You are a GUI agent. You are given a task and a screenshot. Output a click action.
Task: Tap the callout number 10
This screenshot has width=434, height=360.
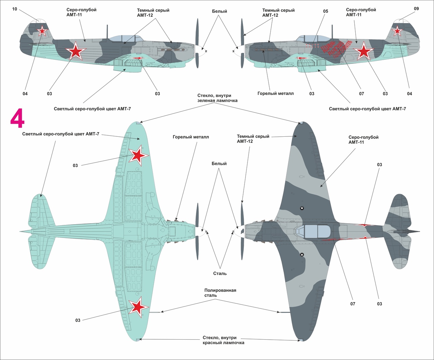pos(15,9)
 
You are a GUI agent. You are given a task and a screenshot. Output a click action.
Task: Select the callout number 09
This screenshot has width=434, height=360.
pos(416,9)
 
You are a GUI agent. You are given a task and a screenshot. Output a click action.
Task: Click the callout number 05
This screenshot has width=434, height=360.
pos(325,11)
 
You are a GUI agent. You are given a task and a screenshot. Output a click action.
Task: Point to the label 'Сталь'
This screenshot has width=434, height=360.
pos(220,273)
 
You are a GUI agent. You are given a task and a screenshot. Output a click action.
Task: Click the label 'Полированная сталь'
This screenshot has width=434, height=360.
pos(220,293)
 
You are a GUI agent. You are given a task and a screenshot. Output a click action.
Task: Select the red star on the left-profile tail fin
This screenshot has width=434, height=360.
pos(42,31)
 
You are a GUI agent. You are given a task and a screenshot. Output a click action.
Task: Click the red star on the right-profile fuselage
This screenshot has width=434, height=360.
pos(363,51)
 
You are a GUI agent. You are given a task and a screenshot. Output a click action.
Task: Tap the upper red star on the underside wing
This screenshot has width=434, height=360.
pos(138,155)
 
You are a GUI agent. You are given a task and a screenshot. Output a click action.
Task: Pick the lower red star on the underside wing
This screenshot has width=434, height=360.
pos(138,307)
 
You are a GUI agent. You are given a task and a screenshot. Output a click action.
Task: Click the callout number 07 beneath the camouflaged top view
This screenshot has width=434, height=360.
pos(353,304)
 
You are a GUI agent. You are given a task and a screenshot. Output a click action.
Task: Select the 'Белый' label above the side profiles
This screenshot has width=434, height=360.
pos(219,11)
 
